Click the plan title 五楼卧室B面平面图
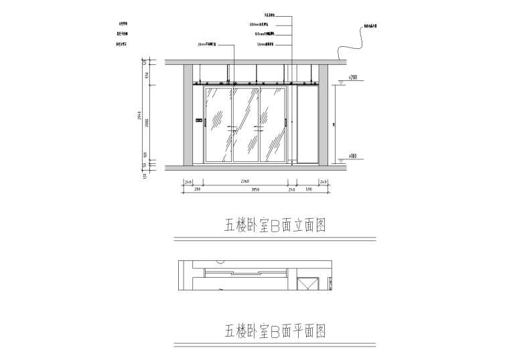pyautogui.click(x=275, y=331)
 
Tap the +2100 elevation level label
pyautogui.click(x=352, y=78)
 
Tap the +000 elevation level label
pyautogui.click(x=352, y=157)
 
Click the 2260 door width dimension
pyautogui.click(x=245, y=181)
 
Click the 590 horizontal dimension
pyautogui.click(x=309, y=190)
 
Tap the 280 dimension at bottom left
pyautogui.click(x=198, y=190)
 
